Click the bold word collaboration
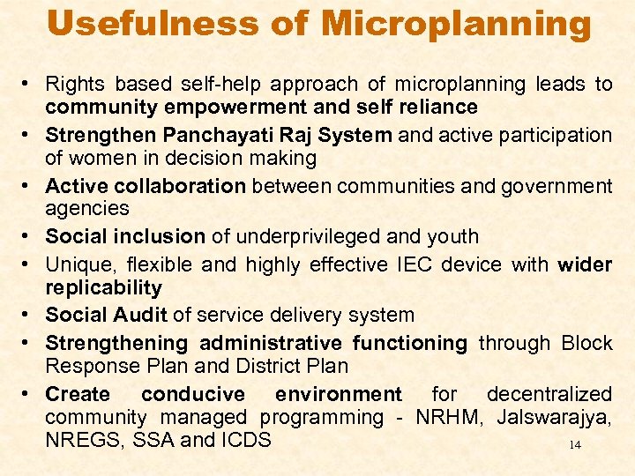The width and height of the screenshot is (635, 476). pyautogui.click(x=183, y=186)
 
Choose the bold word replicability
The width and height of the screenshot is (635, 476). pyautogui.click(x=103, y=288)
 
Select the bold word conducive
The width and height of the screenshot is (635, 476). pyautogui.click(x=192, y=394)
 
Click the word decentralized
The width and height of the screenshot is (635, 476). pyautogui.click(x=549, y=394)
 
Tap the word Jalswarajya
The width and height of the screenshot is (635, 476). pyautogui.click(x=553, y=417)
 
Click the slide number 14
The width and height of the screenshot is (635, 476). pyautogui.click(x=575, y=445)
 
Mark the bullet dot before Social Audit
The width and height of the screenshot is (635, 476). pyautogui.click(x=29, y=315)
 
